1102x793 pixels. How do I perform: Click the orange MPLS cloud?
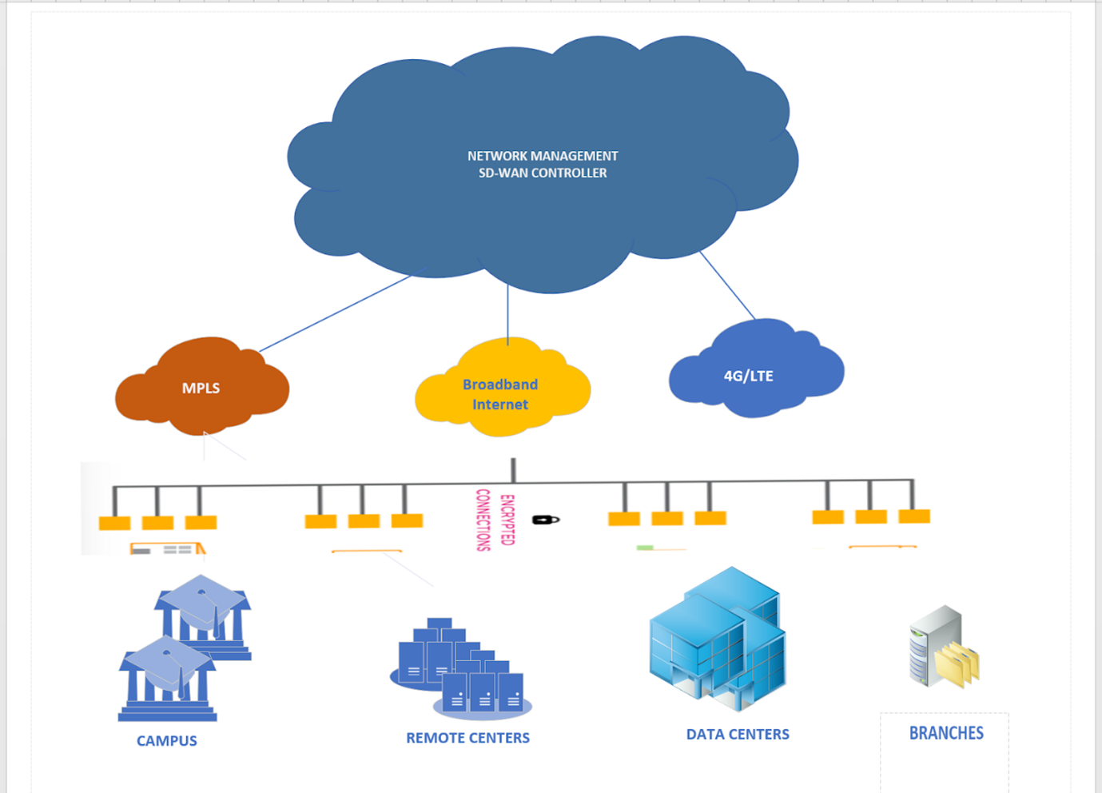coord(201,388)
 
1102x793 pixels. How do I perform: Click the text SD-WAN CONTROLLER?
coord(543,173)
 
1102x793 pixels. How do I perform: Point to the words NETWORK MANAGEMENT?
coord(543,156)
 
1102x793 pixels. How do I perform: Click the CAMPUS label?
coord(166,741)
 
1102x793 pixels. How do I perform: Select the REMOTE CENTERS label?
coord(467,738)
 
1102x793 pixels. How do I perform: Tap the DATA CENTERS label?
coord(738,734)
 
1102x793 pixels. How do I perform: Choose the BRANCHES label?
coord(946,733)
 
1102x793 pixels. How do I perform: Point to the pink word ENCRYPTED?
coord(507,520)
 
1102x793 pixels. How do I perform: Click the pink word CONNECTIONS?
coord(483,520)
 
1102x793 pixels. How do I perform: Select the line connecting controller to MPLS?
coord(336,313)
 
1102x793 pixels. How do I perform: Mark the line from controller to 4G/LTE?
coord(727,285)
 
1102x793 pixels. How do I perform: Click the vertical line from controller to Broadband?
coord(507,316)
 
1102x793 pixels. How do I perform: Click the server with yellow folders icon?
coord(943,648)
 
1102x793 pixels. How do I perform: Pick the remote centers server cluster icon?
coord(460,667)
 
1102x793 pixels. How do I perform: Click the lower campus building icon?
coord(168,679)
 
